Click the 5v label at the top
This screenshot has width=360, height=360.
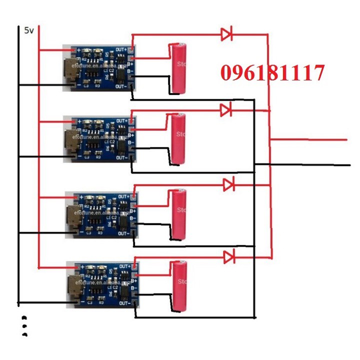point(29,30)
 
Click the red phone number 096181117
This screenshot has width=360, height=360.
point(272,73)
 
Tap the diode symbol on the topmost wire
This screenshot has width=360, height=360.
point(227,34)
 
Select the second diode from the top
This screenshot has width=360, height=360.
point(226,109)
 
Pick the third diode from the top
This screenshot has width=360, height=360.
point(229,184)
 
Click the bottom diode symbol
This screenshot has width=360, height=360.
point(229,257)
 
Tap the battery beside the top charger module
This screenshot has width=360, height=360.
point(179,68)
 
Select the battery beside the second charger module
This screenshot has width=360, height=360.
point(178,138)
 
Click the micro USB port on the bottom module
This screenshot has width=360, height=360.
point(75,288)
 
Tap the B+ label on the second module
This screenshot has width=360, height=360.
point(131,135)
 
